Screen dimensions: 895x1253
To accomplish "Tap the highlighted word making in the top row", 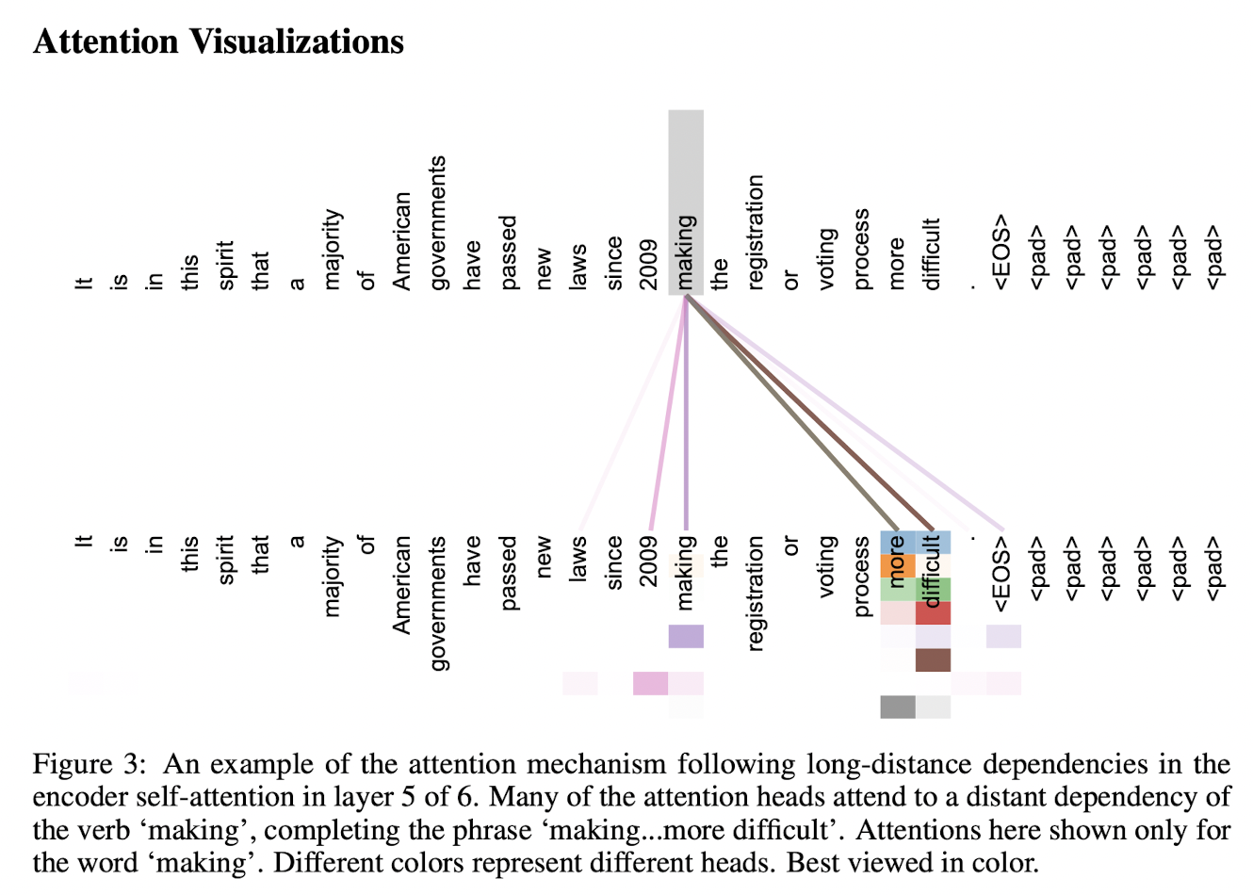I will [x=686, y=252].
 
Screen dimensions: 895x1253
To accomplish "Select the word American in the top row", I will [x=402, y=241].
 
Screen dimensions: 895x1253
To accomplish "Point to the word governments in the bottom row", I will [x=438, y=603].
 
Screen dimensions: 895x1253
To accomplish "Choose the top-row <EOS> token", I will [x=1001, y=252].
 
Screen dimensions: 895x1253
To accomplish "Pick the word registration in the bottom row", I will [x=756, y=593].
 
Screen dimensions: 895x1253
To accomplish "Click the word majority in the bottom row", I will [x=331, y=576].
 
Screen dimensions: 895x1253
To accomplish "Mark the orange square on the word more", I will [x=897, y=566].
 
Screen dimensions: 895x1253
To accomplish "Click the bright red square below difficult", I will [x=933, y=613].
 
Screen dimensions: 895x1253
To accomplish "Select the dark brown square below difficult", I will [x=933, y=659].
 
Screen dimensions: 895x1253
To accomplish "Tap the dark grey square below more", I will [x=897, y=707].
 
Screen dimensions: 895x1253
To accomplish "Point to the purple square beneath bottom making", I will [x=686, y=636].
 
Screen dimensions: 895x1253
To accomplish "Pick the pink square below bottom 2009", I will [x=650, y=683].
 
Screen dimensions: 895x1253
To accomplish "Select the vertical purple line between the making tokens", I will [x=686, y=415].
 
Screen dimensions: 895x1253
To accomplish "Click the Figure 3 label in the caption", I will [x=86, y=764].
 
